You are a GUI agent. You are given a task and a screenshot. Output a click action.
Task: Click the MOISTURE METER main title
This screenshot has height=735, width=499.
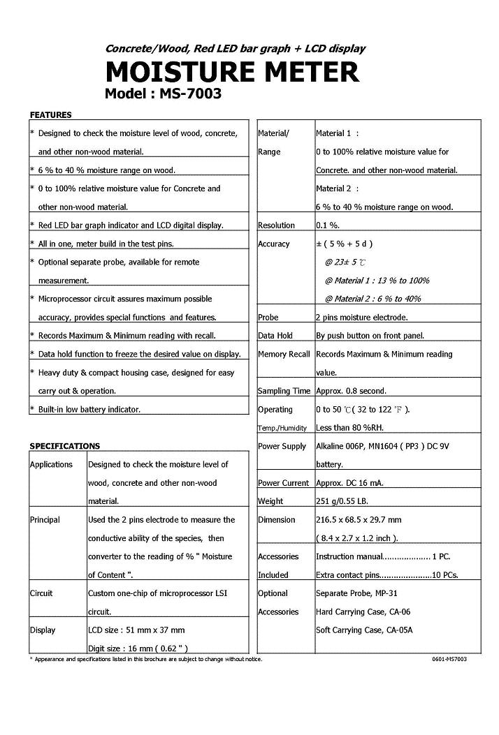point(232,72)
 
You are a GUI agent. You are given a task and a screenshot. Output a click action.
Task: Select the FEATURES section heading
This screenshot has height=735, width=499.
point(50,114)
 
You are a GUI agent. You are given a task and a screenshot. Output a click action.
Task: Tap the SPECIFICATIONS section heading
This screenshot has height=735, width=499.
point(64,446)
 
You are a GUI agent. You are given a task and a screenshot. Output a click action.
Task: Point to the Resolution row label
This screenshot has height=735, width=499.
point(276,225)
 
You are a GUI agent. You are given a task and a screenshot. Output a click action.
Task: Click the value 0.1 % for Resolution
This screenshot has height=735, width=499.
point(328,225)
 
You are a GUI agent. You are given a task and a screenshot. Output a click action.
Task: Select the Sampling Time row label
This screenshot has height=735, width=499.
point(284,392)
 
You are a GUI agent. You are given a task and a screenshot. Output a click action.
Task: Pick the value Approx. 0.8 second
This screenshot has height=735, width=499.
point(351,392)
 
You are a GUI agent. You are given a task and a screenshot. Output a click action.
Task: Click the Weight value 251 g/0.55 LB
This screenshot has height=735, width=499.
point(350,501)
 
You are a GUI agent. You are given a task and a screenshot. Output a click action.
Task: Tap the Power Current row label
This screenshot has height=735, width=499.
point(283,483)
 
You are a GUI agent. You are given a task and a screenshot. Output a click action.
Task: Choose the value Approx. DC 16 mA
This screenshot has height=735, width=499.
point(349,483)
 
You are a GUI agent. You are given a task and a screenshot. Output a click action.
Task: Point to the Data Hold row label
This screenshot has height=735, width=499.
point(275,336)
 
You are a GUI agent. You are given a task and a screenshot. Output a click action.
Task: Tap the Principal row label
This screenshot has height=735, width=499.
point(45,520)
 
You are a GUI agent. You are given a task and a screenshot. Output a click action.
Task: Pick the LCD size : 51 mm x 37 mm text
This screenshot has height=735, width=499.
point(136,630)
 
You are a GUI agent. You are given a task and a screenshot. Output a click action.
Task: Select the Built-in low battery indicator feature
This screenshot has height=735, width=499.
point(89,410)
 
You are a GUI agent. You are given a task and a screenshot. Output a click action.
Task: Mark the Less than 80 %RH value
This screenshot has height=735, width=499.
point(349,428)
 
